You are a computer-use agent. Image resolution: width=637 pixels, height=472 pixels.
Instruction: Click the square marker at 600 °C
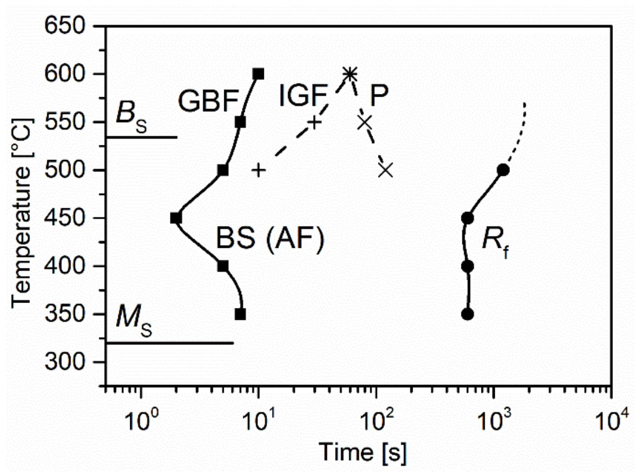259,74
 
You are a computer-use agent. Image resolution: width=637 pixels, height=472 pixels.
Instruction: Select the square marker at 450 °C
176,218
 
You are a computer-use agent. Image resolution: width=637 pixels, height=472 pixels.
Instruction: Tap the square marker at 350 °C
240,314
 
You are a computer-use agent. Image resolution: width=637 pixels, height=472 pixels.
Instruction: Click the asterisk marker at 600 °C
350,74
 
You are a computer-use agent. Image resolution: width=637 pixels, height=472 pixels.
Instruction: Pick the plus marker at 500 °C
259,170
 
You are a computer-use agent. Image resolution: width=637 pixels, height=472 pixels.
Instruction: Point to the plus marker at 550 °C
315,122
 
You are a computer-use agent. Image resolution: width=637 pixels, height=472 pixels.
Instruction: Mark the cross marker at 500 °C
386,170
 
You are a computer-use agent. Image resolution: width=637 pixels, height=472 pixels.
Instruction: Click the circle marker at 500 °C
503,170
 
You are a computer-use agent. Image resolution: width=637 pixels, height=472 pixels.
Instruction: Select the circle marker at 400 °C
467,267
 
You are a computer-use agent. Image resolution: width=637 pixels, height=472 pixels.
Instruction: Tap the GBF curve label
208,101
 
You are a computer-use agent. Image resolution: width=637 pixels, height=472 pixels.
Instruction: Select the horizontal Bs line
142,137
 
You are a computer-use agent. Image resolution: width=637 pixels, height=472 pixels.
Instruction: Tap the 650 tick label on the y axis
65,26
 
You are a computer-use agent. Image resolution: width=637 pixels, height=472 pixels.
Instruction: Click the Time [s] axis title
363,452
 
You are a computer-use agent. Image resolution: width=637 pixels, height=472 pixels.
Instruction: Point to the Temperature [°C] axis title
22,213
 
